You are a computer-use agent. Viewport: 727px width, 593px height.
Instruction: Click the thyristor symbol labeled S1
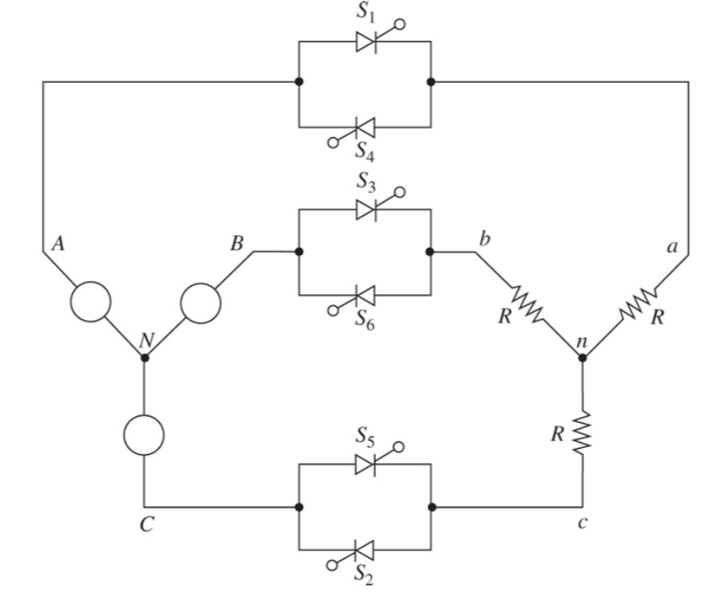pyautogui.click(x=366, y=40)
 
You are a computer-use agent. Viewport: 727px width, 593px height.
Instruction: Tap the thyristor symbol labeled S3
pyautogui.click(x=366, y=210)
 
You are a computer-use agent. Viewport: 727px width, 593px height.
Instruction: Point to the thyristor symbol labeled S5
pyautogui.click(x=366, y=465)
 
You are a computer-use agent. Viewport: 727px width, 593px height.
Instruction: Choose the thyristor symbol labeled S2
pyautogui.click(x=365, y=550)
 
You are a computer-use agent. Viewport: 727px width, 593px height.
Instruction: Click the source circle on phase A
pyautogui.click(x=91, y=302)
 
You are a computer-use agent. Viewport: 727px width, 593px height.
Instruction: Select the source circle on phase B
pyautogui.click(x=201, y=302)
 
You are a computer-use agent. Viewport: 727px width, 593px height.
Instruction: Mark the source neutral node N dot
pyautogui.click(x=145, y=356)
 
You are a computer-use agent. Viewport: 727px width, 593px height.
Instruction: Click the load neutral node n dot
pyautogui.click(x=583, y=356)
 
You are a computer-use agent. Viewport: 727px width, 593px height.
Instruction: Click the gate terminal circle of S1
pyautogui.click(x=401, y=22)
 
